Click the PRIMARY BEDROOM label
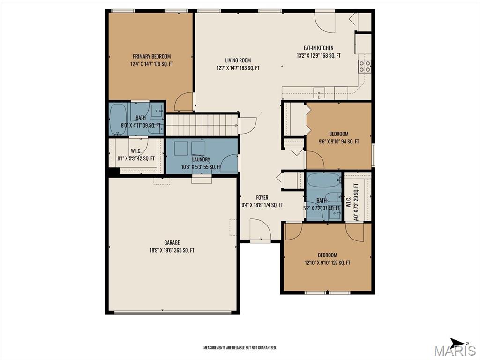click(151, 56)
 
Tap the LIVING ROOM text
click(238, 60)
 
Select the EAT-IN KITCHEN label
click(318, 48)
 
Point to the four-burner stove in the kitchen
click(365, 67)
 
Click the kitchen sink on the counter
click(320, 93)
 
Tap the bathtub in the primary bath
click(118, 119)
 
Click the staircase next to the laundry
click(202, 125)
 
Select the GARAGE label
click(172, 243)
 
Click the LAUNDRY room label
click(201, 159)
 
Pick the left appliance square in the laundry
click(181, 148)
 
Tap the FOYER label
click(262, 197)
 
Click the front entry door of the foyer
click(260, 232)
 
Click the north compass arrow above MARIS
click(457, 342)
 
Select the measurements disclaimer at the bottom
click(240, 348)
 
